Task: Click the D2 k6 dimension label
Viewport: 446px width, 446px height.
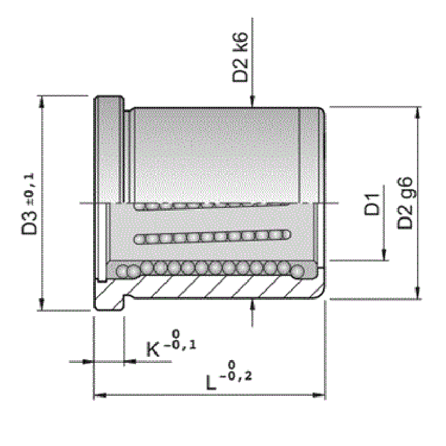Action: pos(241,60)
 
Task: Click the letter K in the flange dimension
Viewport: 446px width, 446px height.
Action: pos(153,350)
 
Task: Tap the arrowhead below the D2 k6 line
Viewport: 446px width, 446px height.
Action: pos(253,101)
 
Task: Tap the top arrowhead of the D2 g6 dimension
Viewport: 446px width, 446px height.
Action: pos(417,112)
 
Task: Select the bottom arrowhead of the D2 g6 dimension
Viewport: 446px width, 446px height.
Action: pos(417,294)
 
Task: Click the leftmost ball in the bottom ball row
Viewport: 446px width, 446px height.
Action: pos(122,272)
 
